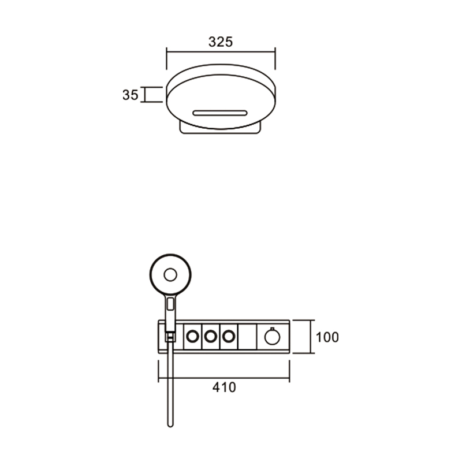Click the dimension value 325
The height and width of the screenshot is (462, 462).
(221, 42)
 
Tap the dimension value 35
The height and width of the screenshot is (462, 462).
(131, 95)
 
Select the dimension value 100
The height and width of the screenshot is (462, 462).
(327, 337)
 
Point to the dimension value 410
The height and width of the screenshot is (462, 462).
(224, 387)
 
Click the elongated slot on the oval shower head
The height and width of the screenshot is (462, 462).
(220, 113)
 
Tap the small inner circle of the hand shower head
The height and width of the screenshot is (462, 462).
(170, 275)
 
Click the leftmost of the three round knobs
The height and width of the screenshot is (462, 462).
(193, 337)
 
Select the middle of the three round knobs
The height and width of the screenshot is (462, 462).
(211, 337)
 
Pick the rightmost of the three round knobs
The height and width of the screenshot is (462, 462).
(229, 337)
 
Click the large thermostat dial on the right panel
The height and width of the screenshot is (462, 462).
(272, 337)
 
